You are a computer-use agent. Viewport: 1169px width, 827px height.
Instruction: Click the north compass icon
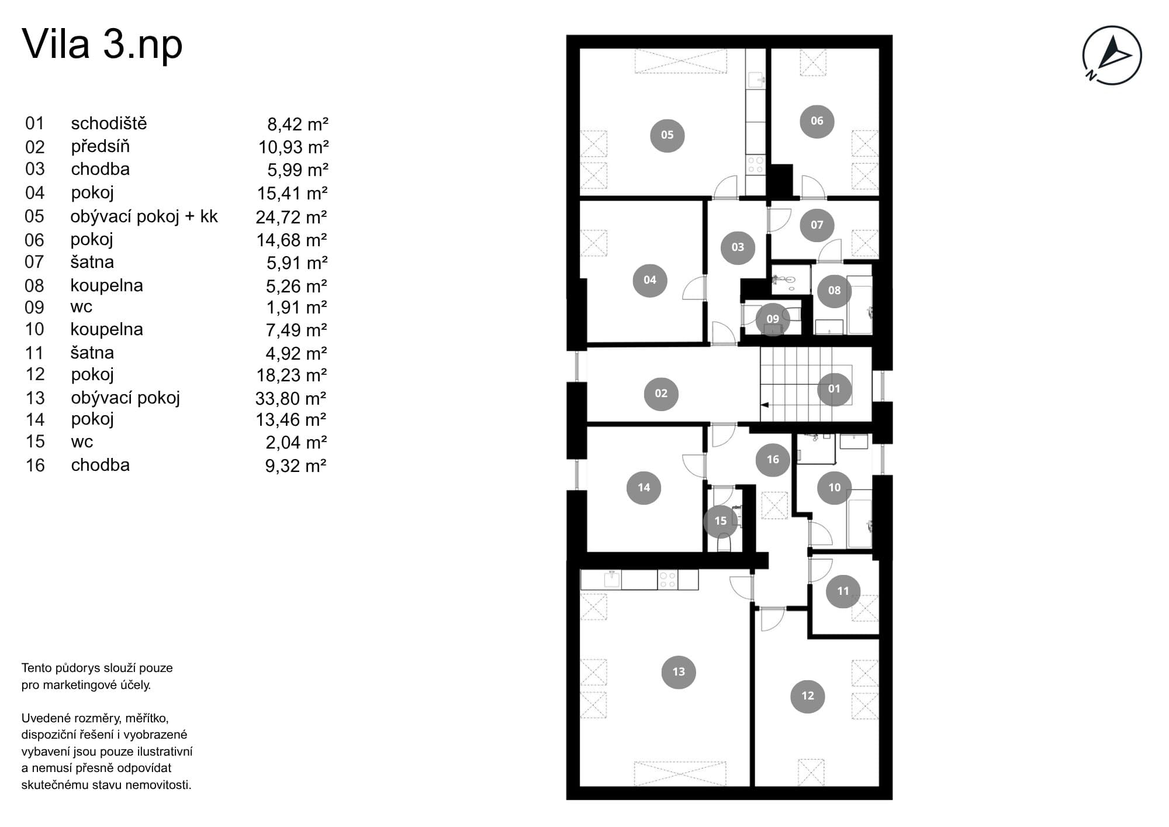(x=1112, y=55)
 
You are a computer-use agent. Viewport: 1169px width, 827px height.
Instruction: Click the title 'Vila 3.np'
(x=102, y=45)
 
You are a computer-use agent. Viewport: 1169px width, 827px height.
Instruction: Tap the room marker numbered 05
(x=667, y=135)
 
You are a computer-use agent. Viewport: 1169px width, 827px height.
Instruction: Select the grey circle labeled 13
(x=679, y=671)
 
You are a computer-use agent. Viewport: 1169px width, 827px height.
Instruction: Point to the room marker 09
(x=773, y=319)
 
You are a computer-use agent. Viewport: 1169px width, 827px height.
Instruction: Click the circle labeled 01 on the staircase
(x=834, y=388)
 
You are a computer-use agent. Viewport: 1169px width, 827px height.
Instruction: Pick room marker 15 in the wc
(x=721, y=521)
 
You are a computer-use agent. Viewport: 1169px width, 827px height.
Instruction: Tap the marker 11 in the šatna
(x=843, y=591)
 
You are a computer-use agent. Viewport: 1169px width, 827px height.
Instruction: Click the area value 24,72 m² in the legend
(x=291, y=217)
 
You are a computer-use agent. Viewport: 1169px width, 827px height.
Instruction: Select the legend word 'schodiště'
(x=109, y=123)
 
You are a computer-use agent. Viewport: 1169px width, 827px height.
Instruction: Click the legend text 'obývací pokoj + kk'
(x=144, y=217)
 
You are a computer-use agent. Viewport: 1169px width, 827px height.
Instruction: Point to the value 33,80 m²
(x=290, y=398)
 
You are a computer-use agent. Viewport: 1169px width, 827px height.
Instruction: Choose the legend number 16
(x=35, y=466)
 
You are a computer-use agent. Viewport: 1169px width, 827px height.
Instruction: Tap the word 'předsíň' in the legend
(x=101, y=146)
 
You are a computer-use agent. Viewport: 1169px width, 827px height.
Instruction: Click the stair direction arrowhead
(x=763, y=404)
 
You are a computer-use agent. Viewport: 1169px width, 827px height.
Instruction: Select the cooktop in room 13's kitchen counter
(x=667, y=580)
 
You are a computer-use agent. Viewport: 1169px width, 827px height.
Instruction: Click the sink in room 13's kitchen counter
(x=612, y=579)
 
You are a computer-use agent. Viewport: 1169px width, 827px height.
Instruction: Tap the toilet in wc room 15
(x=724, y=543)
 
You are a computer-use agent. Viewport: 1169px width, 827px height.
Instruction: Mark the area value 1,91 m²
(x=296, y=308)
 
